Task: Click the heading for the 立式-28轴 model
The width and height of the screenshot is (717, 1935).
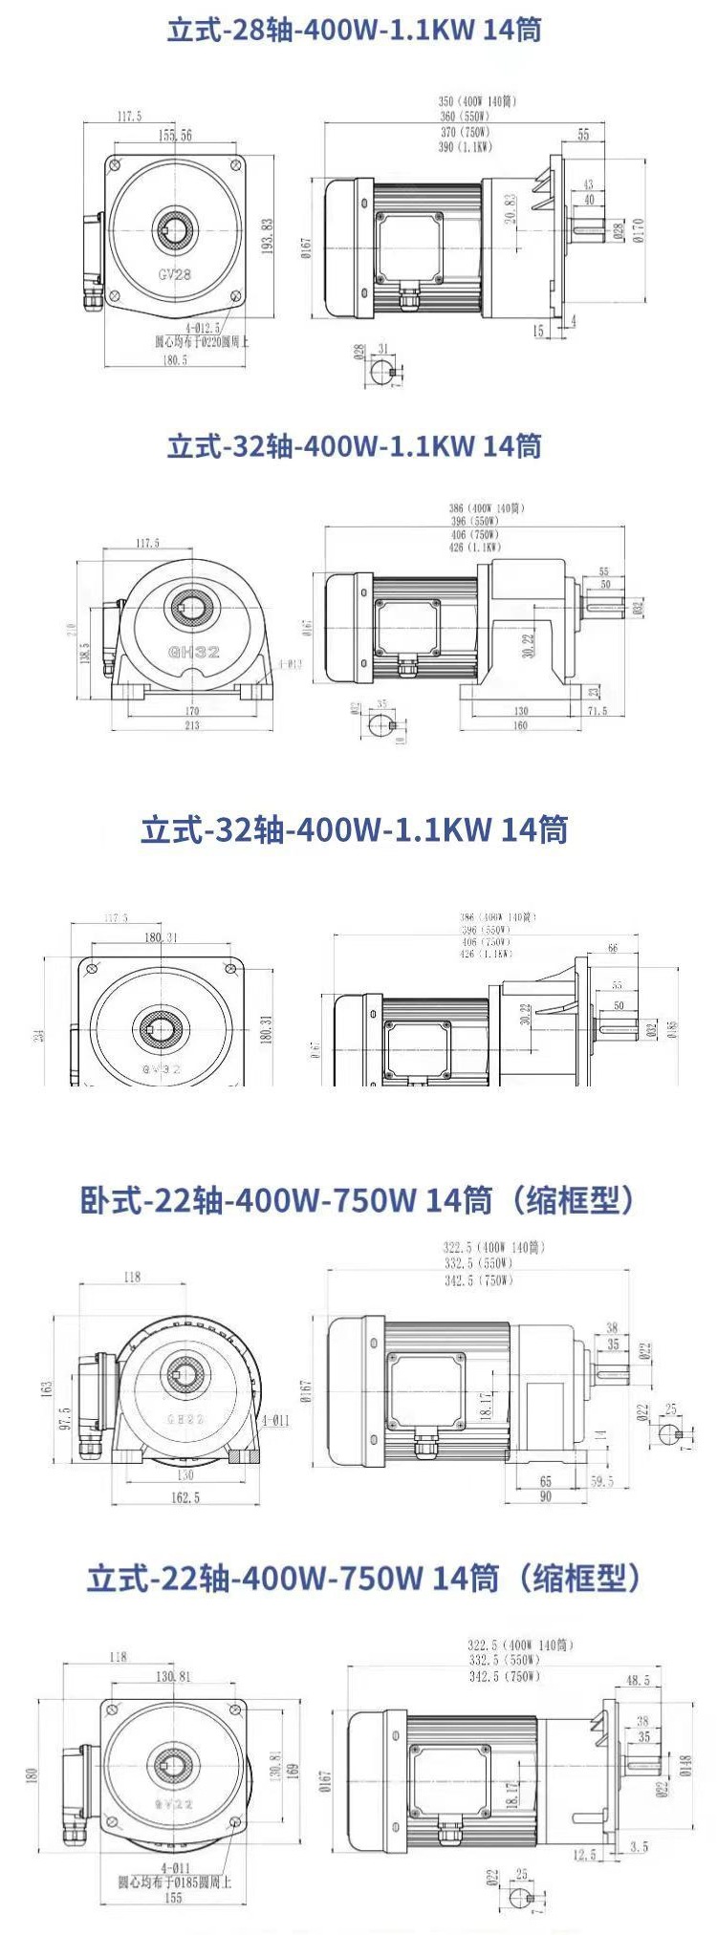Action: pyautogui.click(x=355, y=31)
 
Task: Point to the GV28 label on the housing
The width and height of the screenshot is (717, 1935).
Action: pyautogui.click(x=175, y=274)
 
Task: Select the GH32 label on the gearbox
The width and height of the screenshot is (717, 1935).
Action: pyautogui.click(x=194, y=653)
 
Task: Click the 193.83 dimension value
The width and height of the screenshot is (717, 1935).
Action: pyautogui.click(x=269, y=236)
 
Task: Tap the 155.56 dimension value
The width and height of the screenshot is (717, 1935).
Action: pyautogui.click(x=175, y=136)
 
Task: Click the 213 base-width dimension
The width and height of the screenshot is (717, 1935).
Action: pyautogui.click(x=192, y=725)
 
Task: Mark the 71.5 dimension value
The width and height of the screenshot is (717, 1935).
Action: pyautogui.click(x=597, y=711)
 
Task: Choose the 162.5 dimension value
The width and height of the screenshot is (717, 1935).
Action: pyautogui.click(x=185, y=1497)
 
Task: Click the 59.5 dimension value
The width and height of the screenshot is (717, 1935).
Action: pyautogui.click(x=601, y=1482)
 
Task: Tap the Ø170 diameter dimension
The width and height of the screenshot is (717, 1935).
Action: pyautogui.click(x=639, y=229)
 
